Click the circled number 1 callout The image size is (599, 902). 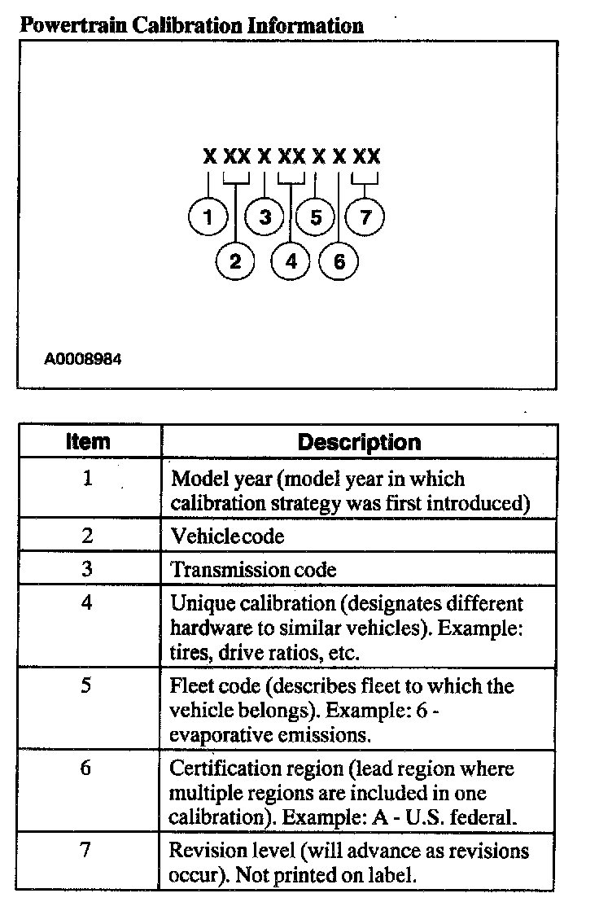(208, 217)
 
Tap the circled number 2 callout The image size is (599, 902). (236, 261)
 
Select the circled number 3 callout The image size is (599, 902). (265, 217)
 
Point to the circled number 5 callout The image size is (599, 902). (316, 217)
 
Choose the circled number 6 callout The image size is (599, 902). (339, 261)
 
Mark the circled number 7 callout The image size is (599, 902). (365, 217)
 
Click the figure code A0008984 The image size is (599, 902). (84, 358)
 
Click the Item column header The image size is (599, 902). (88, 442)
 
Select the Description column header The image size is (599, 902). (359, 442)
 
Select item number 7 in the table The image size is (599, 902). (87, 851)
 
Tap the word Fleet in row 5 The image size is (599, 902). (189, 685)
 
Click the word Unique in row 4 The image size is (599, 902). (197, 603)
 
